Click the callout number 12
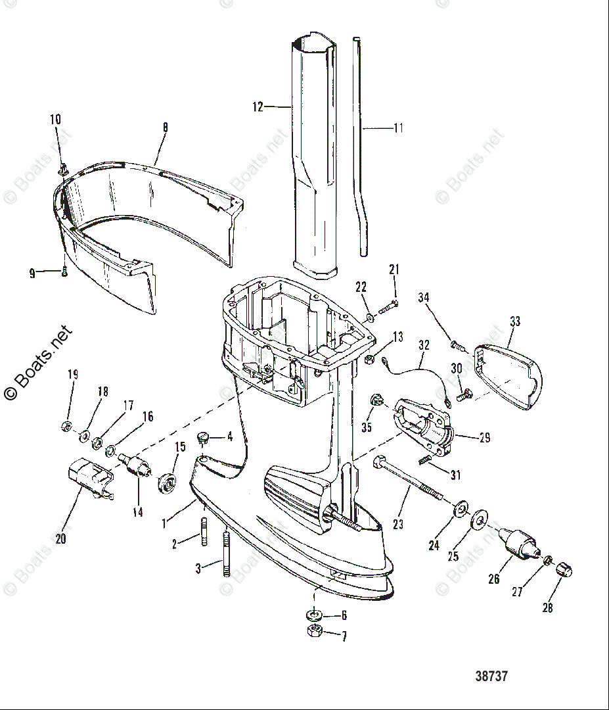(258, 106)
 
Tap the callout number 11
(399, 128)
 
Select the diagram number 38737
(491, 676)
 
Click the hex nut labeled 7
(313, 633)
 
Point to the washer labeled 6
(313, 615)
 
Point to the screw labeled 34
(456, 344)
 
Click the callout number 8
(165, 128)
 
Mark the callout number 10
(56, 120)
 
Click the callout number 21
(394, 269)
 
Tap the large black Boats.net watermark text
(38, 363)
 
